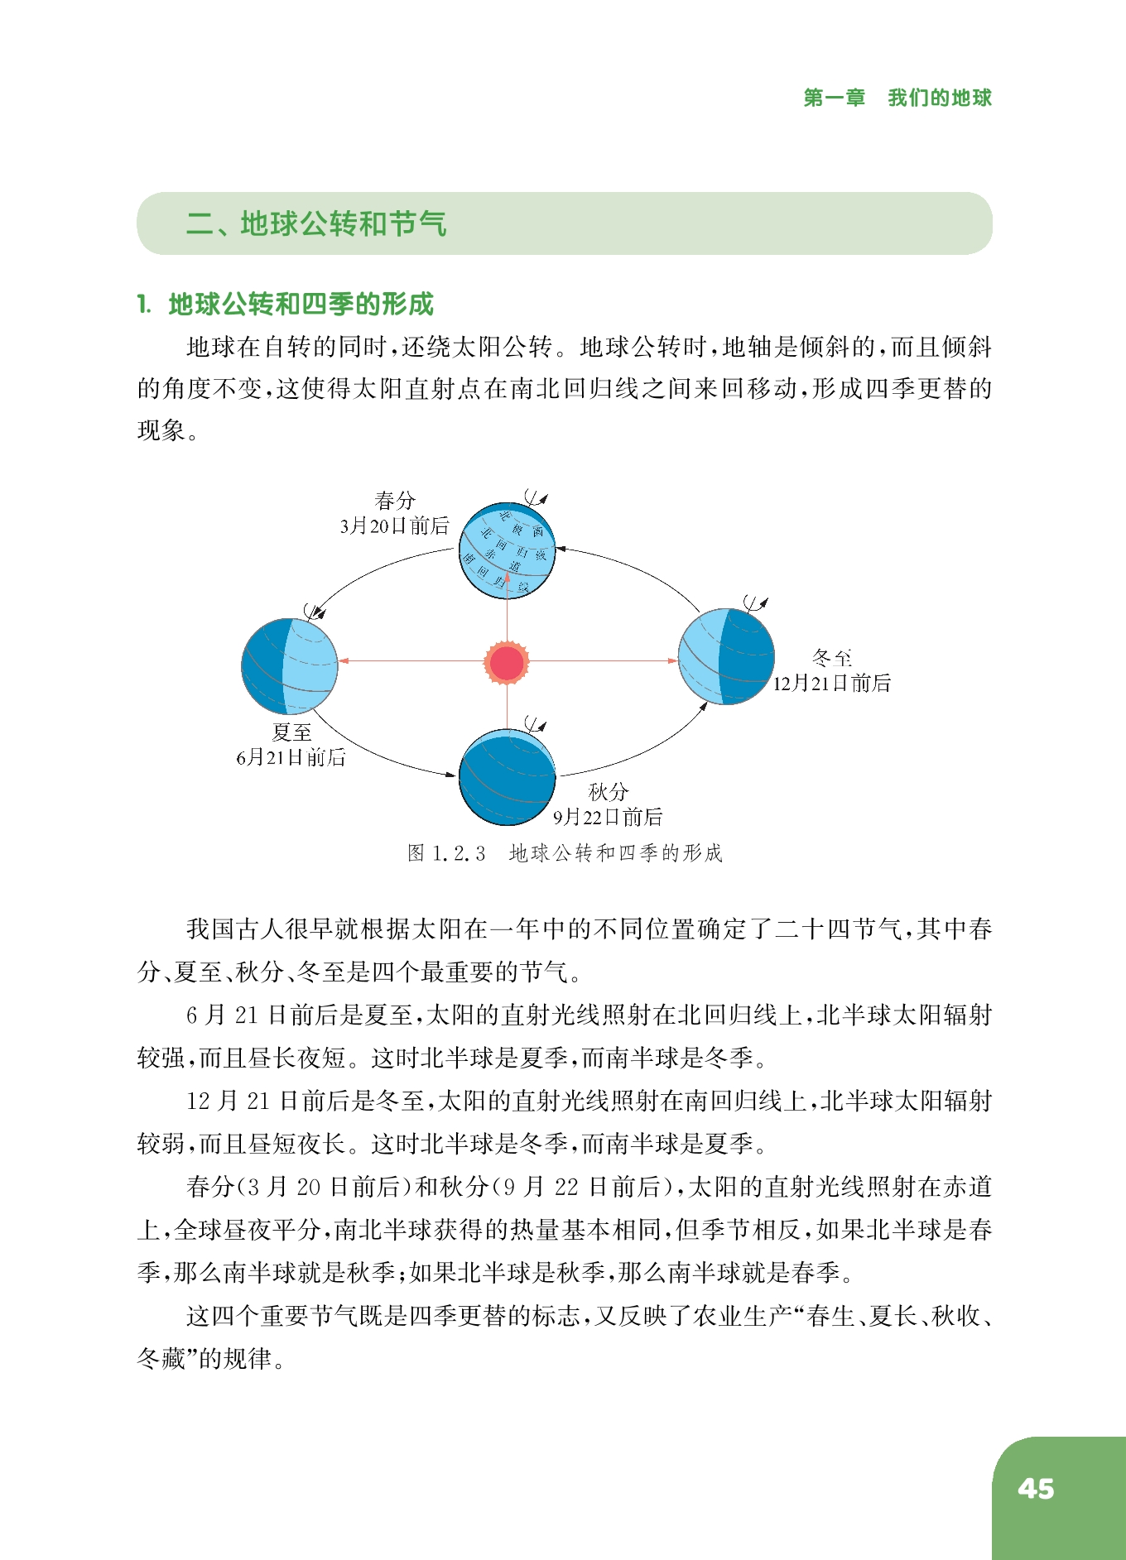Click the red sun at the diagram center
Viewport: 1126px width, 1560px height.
(507, 662)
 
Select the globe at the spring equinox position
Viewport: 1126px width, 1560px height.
(507, 550)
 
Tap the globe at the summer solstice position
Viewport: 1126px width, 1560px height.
(289, 665)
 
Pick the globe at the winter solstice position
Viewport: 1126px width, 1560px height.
(726, 656)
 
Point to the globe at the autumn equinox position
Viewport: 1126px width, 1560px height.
(507, 776)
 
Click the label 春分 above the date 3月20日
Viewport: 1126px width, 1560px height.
(395, 500)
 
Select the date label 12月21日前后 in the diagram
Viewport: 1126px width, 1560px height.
(831, 684)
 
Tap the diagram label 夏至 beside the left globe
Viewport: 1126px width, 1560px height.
(291, 732)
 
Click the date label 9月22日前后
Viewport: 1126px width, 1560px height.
(608, 818)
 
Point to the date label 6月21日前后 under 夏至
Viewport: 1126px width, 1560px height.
(291, 757)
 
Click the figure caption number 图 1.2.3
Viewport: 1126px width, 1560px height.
(446, 853)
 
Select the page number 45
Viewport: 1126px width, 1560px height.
(1036, 1489)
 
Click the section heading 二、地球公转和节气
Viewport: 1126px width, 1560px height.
(316, 223)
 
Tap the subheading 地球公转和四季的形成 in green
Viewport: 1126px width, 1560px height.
(301, 304)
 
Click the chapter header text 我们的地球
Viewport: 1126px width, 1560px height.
(939, 98)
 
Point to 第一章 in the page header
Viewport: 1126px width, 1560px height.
(834, 98)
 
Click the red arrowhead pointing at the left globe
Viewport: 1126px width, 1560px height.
(344, 660)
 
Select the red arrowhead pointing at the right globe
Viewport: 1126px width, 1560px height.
(672, 660)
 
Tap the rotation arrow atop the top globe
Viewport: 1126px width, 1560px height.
(536, 498)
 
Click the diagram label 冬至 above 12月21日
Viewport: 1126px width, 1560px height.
(831, 658)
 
